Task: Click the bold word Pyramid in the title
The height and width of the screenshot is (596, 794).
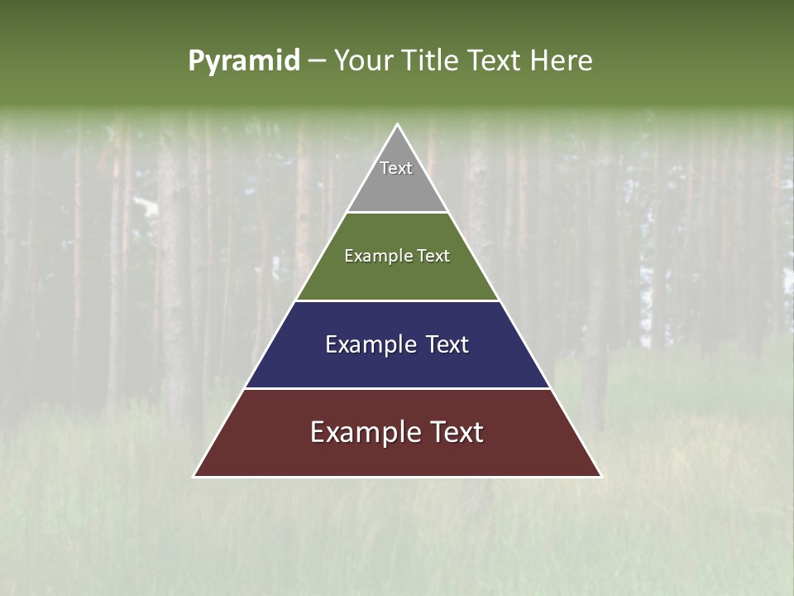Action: (244, 61)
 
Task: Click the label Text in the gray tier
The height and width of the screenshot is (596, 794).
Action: (396, 168)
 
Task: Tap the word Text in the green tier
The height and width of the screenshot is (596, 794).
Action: (433, 257)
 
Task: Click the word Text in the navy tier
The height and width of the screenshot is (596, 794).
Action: (447, 344)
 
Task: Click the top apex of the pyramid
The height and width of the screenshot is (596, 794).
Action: (398, 125)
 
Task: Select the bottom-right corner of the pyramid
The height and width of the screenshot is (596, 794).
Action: (600, 476)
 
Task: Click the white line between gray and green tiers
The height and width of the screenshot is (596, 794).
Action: (398, 213)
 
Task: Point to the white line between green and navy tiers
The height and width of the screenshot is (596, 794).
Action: (398, 300)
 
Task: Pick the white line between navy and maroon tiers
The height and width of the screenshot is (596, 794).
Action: (398, 388)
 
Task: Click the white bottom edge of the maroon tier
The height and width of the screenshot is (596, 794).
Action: (398, 477)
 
